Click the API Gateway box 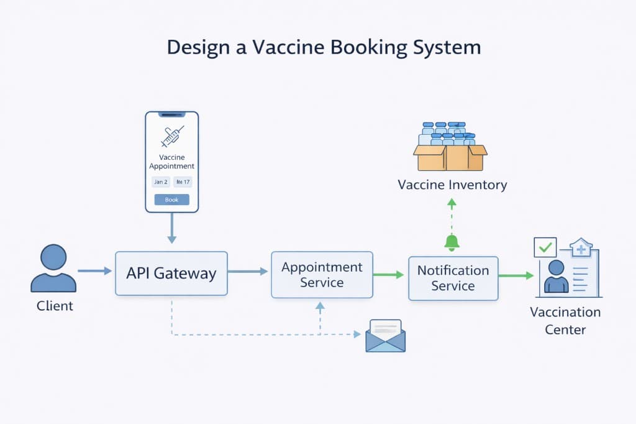[x=171, y=273]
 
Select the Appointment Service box [x=322, y=274]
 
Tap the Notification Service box [x=453, y=278]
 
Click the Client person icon [x=53, y=269]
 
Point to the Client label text [x=55, y=306]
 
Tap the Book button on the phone [x=171, y=200]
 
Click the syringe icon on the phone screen [x=172, y=136]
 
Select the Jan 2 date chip [x=161, y=182]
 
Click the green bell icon [x=452, y=242]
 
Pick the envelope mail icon [x=385, y=336]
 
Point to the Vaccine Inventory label [x=452, y=185]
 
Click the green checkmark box [x=545, y=247]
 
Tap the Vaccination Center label [x=565, y=320]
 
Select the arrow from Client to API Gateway [x=94, y=271]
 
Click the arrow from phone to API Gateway [x=172, y=230]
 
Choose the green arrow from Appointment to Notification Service [x=389, y=274]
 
